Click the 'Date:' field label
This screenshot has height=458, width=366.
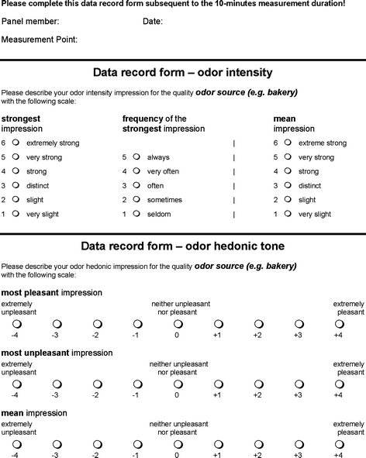point(153,22)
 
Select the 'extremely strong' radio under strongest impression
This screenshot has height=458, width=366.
point(16,143)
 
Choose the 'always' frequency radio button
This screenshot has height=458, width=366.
point(136,157)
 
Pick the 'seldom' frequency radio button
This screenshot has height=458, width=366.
point(136,213)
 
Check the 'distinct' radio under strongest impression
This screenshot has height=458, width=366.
point(16,185)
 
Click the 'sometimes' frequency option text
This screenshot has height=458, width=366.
point(165,200)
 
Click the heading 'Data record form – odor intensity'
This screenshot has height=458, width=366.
point(182,73)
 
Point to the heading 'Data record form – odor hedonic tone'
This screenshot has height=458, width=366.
point(182,246)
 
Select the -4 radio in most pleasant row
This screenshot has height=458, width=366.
point(15,323)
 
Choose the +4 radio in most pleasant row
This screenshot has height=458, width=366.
point(339,323)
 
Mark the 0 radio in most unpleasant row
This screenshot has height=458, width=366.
point(177,384)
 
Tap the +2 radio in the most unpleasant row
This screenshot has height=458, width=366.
point(258,384)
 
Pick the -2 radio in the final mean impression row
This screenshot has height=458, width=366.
point(95,443)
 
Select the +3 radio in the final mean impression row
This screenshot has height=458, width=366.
point(299,443)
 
